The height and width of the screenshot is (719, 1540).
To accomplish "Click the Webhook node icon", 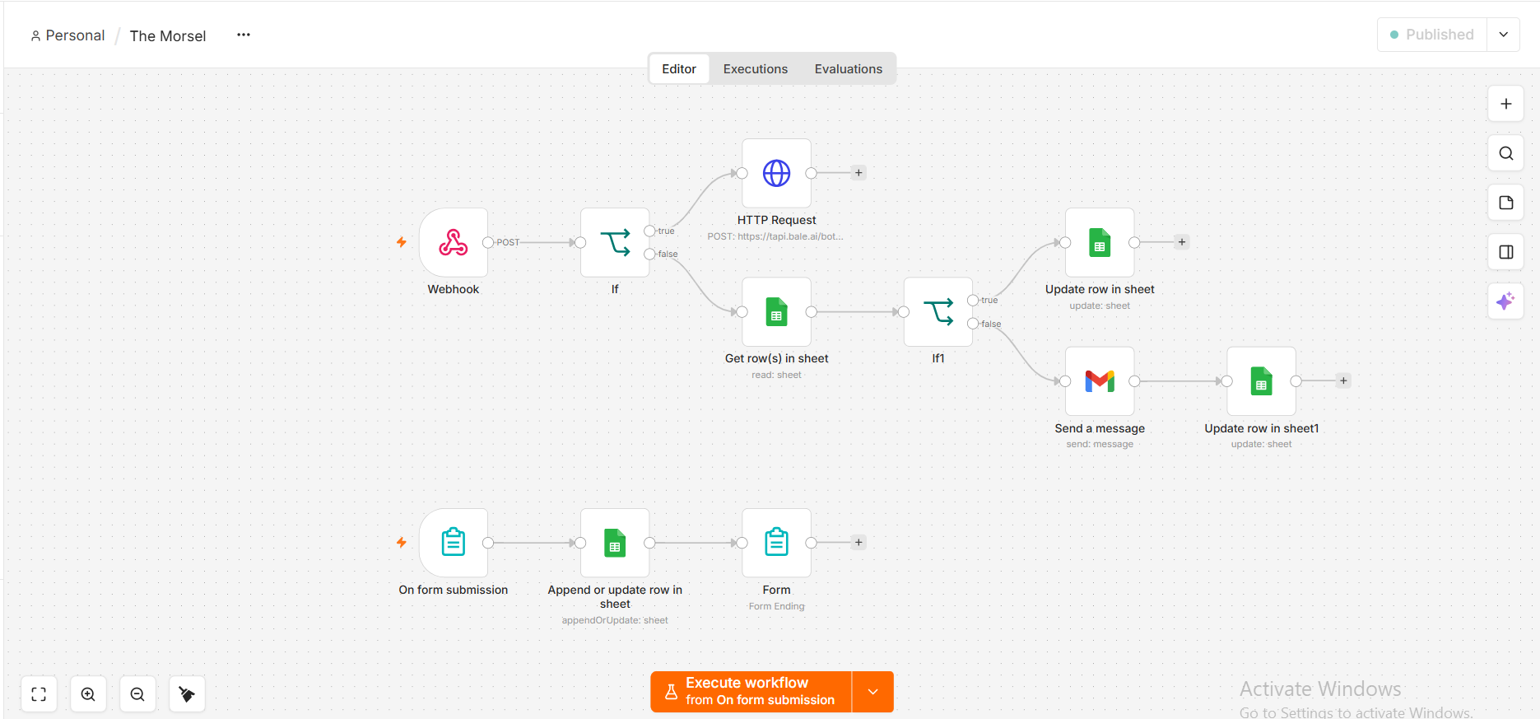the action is coord(454,242).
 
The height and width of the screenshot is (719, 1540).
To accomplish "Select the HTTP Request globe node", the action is coord(776,173).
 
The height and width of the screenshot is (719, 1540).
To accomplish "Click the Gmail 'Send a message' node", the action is coord(1100,381).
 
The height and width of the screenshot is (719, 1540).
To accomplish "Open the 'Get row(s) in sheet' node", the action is coord(776,312).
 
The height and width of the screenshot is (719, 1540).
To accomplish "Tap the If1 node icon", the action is coord(938,312).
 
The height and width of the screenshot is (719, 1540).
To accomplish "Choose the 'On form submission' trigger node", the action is coord(454,543).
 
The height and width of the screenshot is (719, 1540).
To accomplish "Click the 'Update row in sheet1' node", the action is coord(1261,381).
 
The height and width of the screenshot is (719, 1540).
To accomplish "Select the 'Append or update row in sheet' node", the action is coord(615,543).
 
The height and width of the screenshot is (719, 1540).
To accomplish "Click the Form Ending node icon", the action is coord(776,543).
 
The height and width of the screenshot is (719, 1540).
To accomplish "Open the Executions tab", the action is coord(756,69).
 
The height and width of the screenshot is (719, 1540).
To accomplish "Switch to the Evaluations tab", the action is coord(849,69).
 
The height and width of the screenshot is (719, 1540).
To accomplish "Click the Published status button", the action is coord(1432,35).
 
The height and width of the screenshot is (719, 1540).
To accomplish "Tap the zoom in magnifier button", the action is coord(88,694).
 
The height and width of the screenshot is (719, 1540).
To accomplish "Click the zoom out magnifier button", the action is coord(137,694).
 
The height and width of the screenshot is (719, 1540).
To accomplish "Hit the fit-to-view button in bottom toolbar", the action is coord(39,694).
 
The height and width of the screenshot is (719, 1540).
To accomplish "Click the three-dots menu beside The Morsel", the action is coord(244,35).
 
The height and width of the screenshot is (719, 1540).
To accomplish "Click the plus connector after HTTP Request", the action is coord(858,173).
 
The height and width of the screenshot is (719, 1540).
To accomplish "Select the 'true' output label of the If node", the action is coord(666,231).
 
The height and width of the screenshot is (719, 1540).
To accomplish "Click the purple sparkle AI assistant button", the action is coord(1505,301).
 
